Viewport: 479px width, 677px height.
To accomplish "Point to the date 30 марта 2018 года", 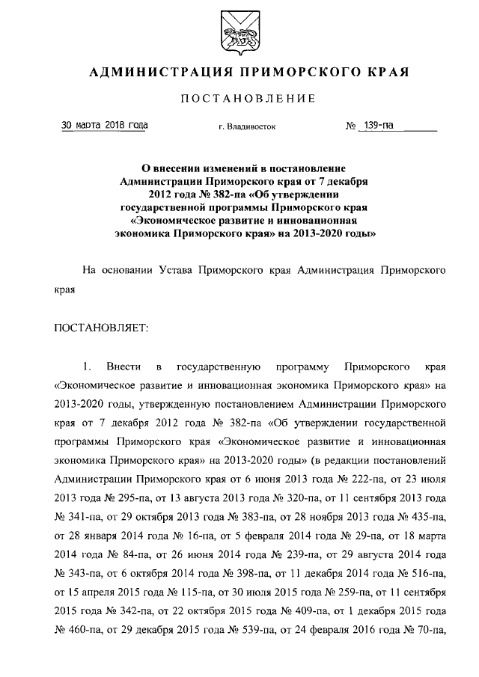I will pos(104,125).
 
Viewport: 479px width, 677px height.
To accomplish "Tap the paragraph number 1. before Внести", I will pos(87,367).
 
